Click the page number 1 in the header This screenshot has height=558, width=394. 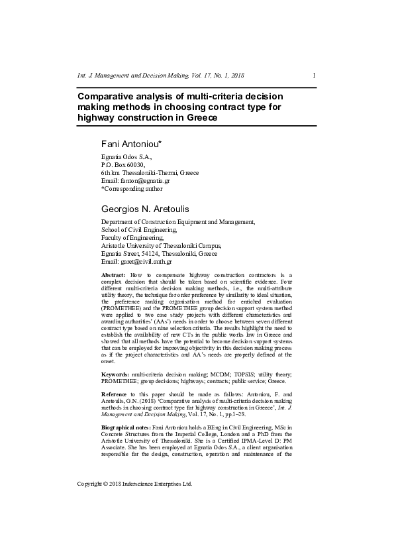point(313,76)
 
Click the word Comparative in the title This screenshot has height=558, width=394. point(109,96)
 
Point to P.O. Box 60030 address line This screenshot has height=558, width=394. point(122,164)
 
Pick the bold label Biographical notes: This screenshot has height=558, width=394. point(125,428)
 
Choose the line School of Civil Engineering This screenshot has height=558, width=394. point(138,230)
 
